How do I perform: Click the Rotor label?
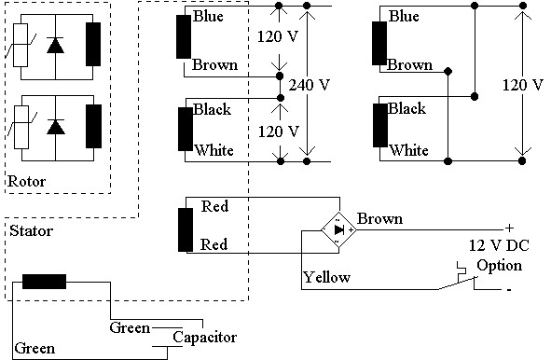25,181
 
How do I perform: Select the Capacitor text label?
206,337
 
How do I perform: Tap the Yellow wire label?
326,277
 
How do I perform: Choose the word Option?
499,265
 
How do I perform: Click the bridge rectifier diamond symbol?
338,229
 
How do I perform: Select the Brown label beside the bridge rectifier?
379,219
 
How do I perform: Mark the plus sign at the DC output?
509,228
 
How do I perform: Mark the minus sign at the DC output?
509,289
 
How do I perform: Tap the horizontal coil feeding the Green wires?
44,282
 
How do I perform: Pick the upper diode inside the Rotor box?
55,46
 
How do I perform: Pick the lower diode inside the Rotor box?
55,126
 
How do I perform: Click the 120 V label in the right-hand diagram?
524,85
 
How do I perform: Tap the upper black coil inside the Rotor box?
93,44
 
